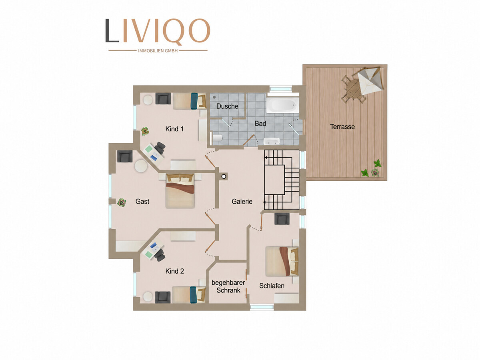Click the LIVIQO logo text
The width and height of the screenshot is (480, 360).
(158, 31)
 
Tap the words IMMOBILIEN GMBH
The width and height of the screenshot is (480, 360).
(158, 51)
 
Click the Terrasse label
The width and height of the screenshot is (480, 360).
(342, 126)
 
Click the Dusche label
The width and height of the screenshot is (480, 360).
(227, 106)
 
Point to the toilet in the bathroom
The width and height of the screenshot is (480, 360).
(216, 138)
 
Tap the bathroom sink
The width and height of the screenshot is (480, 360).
(271, 141)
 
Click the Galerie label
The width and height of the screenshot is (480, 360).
(242, 201)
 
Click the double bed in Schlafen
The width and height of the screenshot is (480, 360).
(282, 262)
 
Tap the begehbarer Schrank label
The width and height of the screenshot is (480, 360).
(228, 286)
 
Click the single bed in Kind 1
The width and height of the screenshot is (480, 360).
(189, 101)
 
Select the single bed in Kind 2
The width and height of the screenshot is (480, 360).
(189, 295)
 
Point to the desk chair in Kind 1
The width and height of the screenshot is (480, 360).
(160, 148)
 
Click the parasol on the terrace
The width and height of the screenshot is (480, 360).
(370, 80)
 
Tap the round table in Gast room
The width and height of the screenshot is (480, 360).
(141, 166)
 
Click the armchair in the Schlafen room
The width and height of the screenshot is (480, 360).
(282, 219)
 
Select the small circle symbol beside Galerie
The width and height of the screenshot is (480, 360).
(224, 176)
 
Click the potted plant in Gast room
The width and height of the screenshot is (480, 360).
(121, 202)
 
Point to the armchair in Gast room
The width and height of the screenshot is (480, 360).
(125, 156)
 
